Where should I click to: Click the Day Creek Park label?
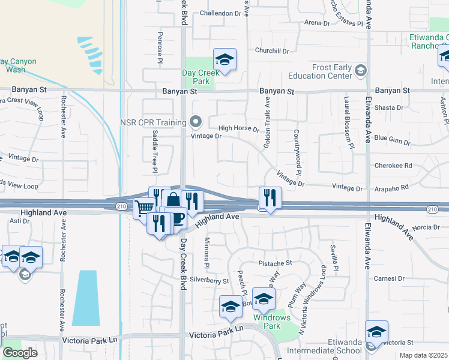tap(199, 76)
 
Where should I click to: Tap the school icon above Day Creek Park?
tap(224, 59)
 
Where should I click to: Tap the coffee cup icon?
tap(177, 218)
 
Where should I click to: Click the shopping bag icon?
tap(173, 200)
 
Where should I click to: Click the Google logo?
tap(20, 353)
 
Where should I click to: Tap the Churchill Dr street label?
tap(272, 51)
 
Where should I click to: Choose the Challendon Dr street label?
tap(220, 13)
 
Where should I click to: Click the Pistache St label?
tap(275, 263)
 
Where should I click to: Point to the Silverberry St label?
tap(209, 280)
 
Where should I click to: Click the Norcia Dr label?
tap(426, 227)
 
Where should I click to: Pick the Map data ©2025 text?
tap(423, 355)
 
